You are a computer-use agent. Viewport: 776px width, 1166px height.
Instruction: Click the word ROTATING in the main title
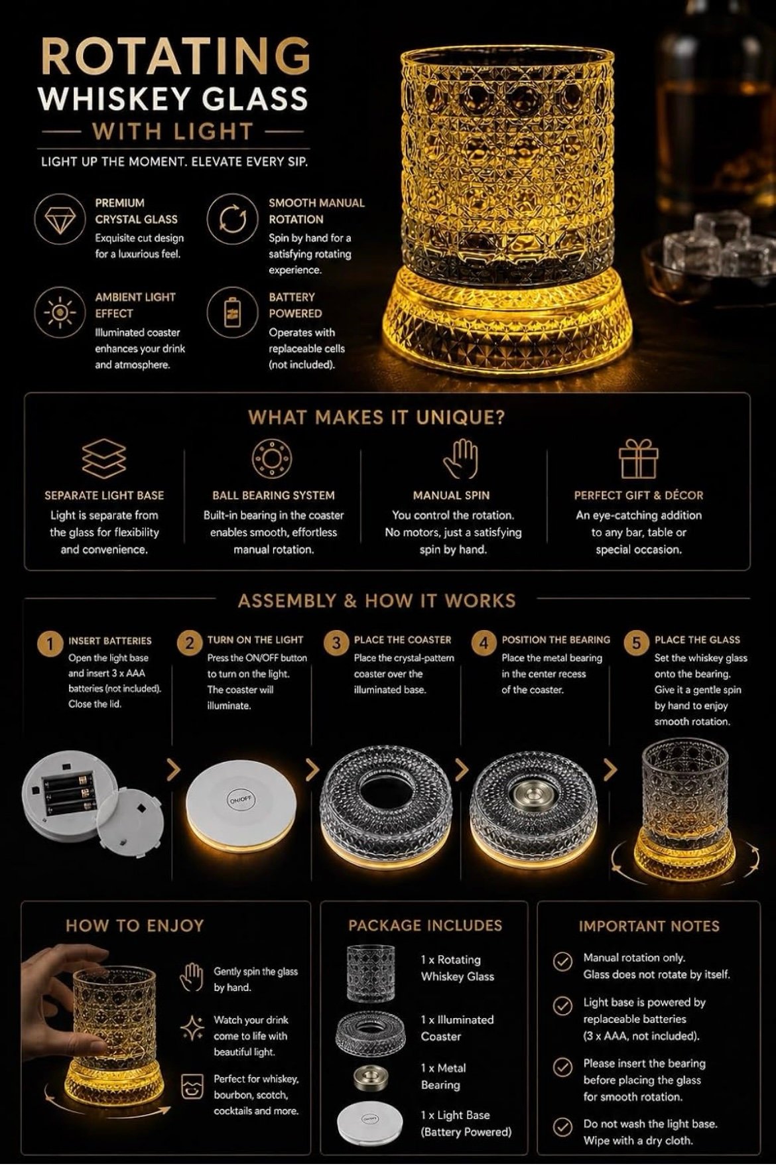click(x=175, y=57)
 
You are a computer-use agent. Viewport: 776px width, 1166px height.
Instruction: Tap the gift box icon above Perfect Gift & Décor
click(x=639, y=459)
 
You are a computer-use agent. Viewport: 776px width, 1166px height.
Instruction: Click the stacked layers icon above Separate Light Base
click(x=103, y=458)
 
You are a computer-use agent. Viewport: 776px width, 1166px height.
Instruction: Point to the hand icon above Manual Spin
click(x=460, y=458)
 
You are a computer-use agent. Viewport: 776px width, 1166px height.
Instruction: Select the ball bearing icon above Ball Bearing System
click(x=273, y=458)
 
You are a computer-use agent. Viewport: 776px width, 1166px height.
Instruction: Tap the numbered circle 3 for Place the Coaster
click(x=336, y=643)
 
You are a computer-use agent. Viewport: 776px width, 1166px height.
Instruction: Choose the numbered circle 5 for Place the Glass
click(x=636, y=643)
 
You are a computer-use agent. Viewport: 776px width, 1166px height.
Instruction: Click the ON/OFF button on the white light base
click(x=239, y=800)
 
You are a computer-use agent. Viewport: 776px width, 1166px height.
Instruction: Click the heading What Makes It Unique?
click(x=377, y=417)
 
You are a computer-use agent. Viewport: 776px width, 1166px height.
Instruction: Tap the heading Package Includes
click(x=425, y=925)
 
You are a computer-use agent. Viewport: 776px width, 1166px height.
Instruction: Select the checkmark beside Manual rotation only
click(x=562, y=961)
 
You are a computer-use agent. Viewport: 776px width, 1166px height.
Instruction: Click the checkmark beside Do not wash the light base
click(x=562, y=1128)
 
